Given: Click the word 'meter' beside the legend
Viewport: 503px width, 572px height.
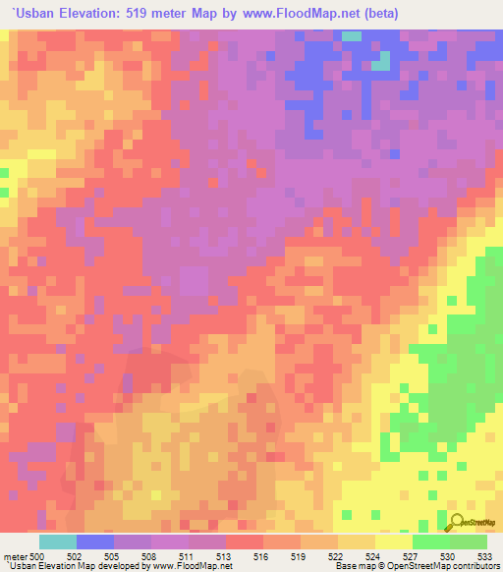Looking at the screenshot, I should coord(17,556).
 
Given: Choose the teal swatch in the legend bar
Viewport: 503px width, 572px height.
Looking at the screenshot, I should coord(58,542).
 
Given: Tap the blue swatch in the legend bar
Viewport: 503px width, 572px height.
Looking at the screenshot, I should coord(95,542).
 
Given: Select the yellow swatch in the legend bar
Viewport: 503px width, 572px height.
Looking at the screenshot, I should coord(393,542).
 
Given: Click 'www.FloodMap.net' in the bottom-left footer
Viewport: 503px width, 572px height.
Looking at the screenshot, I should coord(188,566).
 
